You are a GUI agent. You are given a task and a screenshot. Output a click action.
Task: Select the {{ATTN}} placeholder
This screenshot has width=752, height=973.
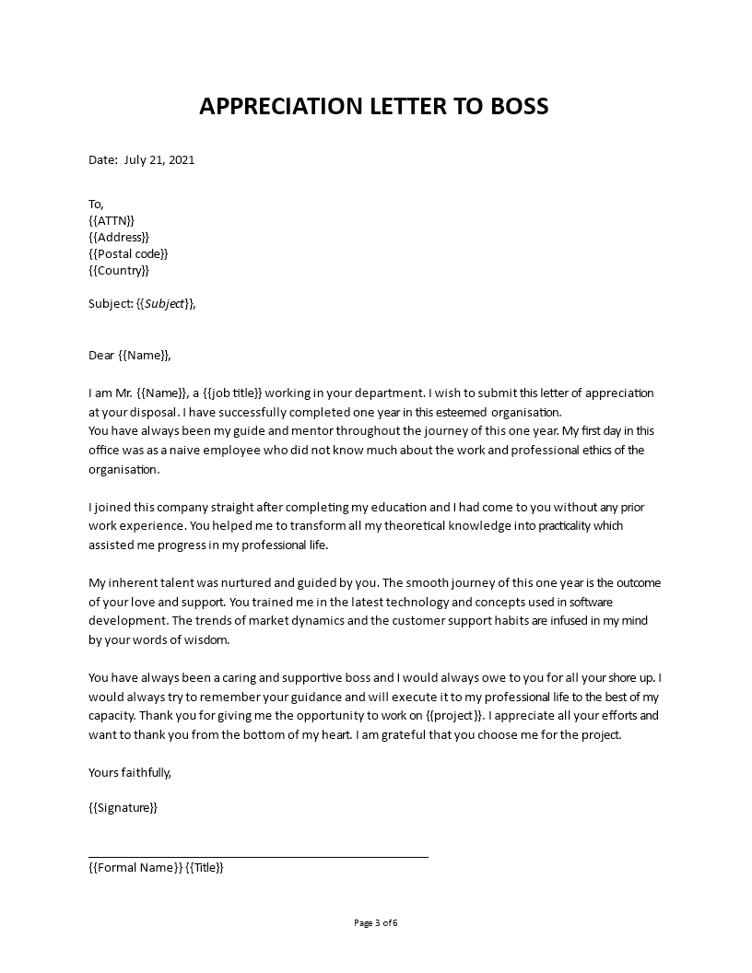pos(112,220)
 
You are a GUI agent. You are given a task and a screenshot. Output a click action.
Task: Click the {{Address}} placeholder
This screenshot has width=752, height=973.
pos(119,237)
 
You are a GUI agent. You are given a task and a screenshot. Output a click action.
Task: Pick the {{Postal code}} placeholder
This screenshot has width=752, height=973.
pos(128,253)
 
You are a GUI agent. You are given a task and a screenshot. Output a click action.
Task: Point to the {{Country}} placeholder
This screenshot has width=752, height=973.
pos(119,270)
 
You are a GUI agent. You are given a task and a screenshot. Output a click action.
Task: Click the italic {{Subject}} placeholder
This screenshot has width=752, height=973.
pos(166,303)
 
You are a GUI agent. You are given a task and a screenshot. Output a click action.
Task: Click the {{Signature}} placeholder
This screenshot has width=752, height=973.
pos(123,807)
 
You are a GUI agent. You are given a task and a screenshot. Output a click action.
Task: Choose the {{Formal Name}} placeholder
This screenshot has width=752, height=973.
pos(135,867)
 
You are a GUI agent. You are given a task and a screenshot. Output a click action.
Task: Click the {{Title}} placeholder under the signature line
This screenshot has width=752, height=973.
pos(205,867)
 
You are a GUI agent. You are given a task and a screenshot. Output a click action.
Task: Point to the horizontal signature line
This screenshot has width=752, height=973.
pos(258,857)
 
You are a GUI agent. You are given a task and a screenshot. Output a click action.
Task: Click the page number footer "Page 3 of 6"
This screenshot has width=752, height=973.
pos(376,922)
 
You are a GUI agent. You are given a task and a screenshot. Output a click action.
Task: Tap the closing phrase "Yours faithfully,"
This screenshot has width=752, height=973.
pos(130,772)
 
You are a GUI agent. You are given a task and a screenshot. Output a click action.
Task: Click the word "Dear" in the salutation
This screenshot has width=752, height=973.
pos(101,355)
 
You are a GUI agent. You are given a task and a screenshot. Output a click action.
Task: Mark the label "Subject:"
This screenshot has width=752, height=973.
pos(110,303)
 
